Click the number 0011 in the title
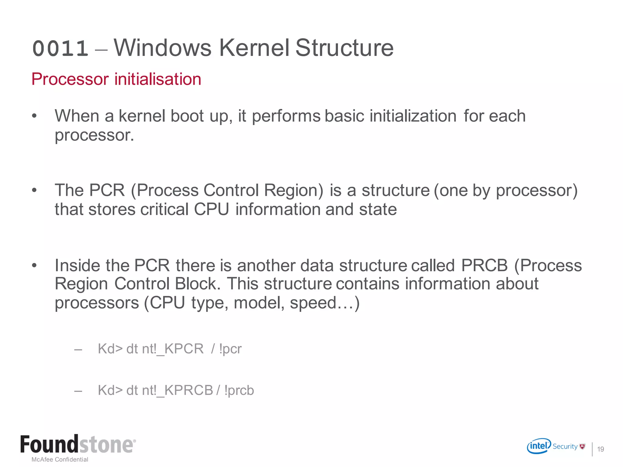pos(60,49)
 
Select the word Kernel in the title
pos(254,48)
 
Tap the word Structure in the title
pos(344,48)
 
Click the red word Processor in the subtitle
pos(70,79)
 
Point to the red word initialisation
pos(158,79)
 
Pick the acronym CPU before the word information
pos(211,209)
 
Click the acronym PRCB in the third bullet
pos(484,265)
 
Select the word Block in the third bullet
pos(197,284)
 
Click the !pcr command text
pos(230,349)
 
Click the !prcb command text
pos(239,390)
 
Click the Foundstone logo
pos(78,445)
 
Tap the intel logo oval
pos(539,446)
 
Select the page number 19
pos(600,449)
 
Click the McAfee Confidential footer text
pos(60,459)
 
